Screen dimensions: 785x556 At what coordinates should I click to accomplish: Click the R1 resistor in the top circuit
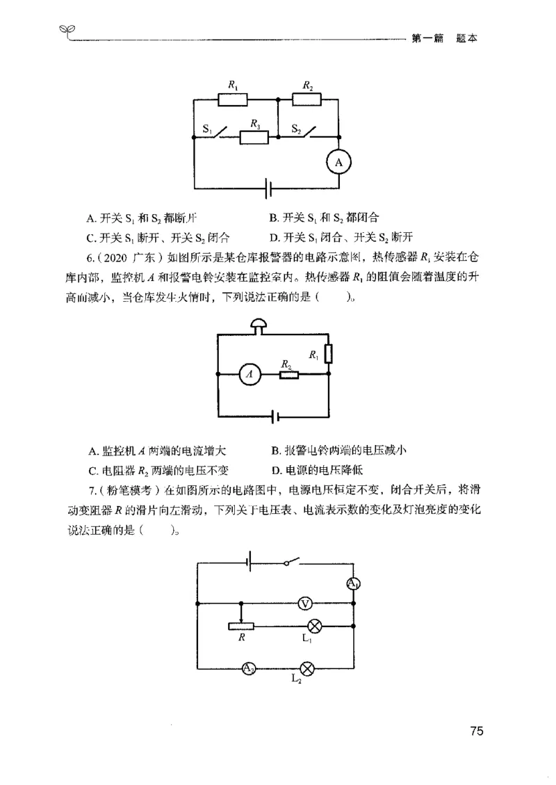tap(233, 100)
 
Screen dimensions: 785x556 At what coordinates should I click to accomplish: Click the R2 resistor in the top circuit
tap(306, 100)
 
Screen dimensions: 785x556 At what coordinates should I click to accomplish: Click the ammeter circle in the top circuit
tap(339, 163)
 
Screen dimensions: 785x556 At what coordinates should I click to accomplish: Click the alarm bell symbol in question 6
tap(260, 325)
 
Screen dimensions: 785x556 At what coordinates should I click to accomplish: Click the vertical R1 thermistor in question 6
tap(329, 353)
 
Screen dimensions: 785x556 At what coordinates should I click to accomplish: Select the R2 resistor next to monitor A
tap(289, 375)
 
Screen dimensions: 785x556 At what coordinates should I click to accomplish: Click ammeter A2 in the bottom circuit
tap(249, 669)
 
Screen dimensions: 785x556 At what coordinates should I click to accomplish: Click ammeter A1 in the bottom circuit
tap(353, 584)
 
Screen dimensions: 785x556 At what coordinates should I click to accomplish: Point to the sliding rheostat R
tap(240, 626)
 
